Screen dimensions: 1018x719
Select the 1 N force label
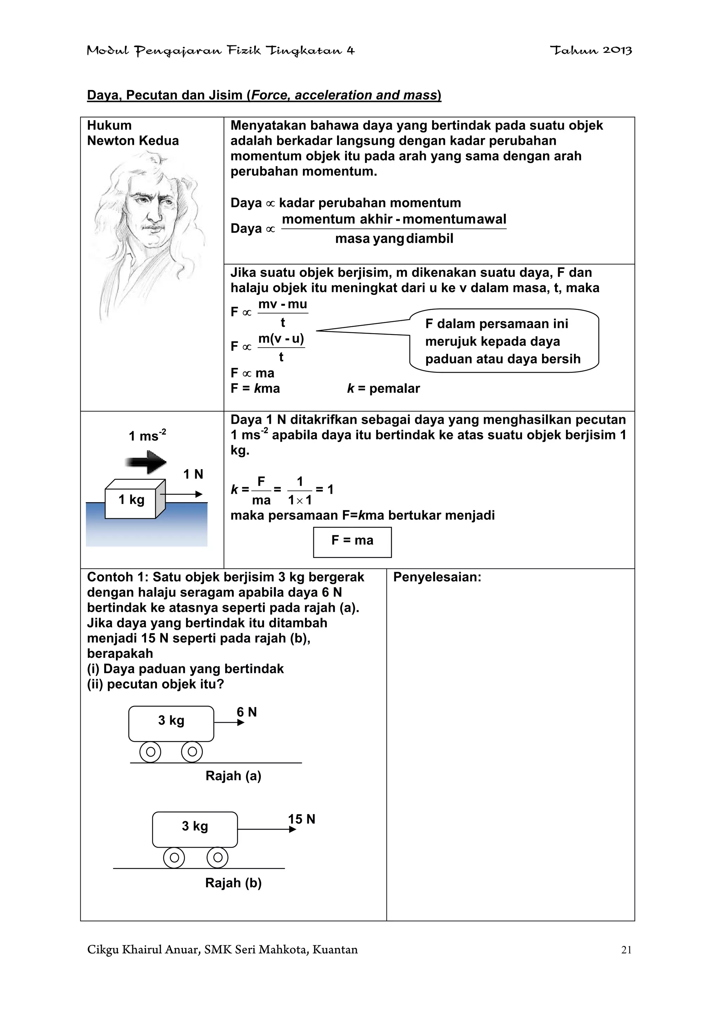click(193, 474)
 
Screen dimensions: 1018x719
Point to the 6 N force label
click(247, 712)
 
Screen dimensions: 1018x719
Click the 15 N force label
click(302, 818)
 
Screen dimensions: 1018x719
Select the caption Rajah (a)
click(233, 776)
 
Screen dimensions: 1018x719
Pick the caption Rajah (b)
click(233, 882)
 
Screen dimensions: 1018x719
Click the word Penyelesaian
click(437, 577)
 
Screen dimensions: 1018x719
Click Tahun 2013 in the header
click(591, 50)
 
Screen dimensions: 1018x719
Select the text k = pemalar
click(383, 388)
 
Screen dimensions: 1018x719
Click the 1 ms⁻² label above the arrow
click(147, 435)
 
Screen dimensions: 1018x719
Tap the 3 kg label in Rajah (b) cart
click(195, 826)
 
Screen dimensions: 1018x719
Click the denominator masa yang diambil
click(394, 239)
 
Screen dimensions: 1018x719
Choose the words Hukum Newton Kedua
click(132, 133)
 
